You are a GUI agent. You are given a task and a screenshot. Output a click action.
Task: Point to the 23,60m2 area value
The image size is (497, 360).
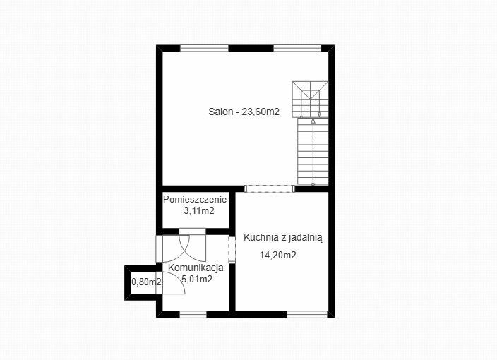[261, 112]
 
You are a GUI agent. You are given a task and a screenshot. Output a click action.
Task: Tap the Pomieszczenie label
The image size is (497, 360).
[195, 200]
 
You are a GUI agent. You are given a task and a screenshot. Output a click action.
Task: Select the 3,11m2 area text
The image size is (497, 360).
[199, 211]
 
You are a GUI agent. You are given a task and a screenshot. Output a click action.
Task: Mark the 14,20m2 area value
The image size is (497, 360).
[278, 255]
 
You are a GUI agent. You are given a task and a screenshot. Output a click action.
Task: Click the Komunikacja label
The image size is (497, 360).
[196, 268]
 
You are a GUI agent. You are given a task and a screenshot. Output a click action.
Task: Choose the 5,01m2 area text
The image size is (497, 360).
[197, 280]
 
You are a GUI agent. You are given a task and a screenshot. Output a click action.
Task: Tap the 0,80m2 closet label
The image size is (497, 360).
[146, 282]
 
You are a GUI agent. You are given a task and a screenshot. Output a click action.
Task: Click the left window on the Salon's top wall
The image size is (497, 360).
[204, 48]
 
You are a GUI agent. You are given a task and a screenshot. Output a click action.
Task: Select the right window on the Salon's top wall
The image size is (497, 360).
[297, 48]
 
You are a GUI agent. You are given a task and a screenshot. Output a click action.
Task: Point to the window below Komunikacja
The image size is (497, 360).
[193, 314]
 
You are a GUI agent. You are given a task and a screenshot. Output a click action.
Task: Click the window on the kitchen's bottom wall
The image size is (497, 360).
[307, 314]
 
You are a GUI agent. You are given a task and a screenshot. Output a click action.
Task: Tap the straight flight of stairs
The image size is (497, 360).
[313, 151]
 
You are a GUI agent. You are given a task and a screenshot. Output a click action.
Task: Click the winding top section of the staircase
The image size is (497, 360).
[311, 100]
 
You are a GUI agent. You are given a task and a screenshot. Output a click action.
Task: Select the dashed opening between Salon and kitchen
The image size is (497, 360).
[269, 189]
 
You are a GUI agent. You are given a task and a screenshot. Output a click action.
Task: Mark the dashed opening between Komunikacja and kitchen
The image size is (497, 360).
[232, 251]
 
